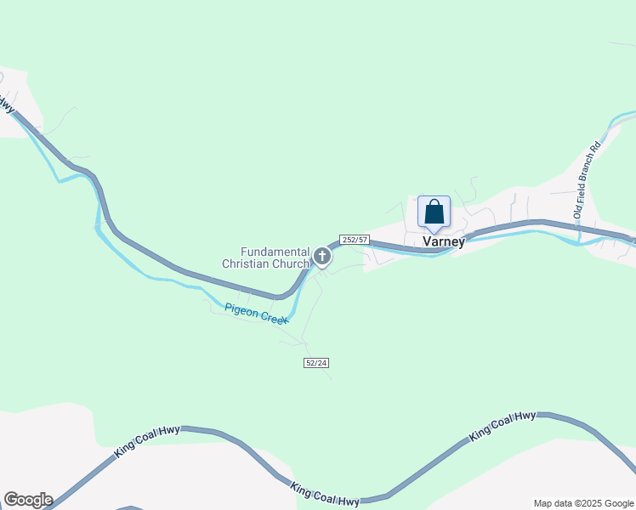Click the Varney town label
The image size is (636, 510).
click(x=444, y=241)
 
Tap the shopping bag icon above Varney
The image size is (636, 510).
click(x=434, y=212)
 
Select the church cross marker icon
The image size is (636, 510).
click(x=322, y=256)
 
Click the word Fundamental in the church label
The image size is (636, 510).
click(x=273, y=252)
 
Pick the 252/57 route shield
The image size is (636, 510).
click(x=354, y=240)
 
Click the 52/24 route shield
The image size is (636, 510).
click(x=315, y=363)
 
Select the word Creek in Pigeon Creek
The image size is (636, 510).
click(x=274, y=318)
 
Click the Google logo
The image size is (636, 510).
click(x=28, y=500)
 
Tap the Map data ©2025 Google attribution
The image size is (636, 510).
click(x=583, y=503)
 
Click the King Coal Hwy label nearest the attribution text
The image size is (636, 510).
click(x=503, y=426)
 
